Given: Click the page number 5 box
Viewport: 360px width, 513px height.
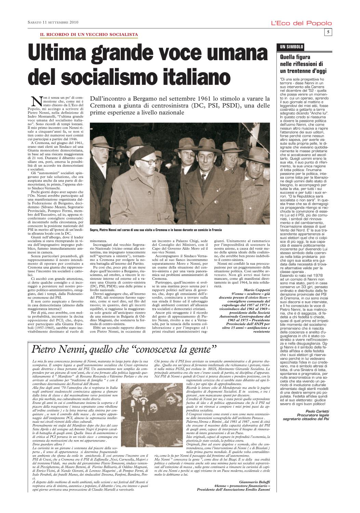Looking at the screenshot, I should [x=328, y=32].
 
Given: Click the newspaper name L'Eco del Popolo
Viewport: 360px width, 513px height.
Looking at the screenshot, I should [x=301, y=23].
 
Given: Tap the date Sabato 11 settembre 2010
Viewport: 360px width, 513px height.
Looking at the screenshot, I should [x=53, y=23].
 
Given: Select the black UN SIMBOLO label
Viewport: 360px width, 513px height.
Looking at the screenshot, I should [x=292, y=47].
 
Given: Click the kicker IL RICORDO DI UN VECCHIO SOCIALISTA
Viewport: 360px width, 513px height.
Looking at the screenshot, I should [x=89, y=35].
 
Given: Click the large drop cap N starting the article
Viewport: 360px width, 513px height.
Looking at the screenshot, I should [x=36, y=101].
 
